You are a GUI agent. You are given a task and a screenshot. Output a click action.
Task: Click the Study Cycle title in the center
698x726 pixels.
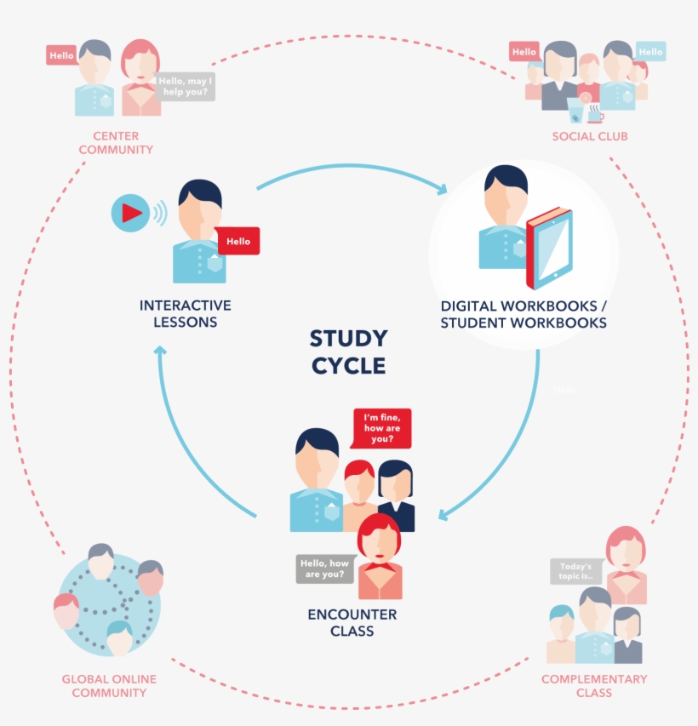pyautogui.click(x=347, y=352)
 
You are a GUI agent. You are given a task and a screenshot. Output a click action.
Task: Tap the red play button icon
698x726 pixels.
pyautogui.click(x=130, y=213)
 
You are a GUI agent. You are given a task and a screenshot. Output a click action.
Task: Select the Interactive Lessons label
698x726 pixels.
pyautogui.click(x=186, y=313)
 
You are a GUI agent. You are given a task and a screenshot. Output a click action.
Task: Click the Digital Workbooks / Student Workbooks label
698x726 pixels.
pyautogui.click(x=523, y=314)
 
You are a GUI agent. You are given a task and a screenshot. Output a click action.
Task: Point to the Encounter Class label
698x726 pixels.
pyautogui.click(x=352, y=622)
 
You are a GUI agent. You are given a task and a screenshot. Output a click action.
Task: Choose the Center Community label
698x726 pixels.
pyautogui.click(x=116, y=143)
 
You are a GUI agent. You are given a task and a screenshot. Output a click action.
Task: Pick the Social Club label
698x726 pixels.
pyautogui.click(x=590, y=136)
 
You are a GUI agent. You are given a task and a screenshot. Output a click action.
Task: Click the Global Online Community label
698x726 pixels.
pyautogui.click(x=109, y=686)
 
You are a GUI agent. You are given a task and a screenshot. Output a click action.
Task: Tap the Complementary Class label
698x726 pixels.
pyautogui.click(x=594, y=686)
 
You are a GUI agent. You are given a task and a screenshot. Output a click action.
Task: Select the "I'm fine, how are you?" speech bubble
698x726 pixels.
pyautogui.click(x=382, y=428)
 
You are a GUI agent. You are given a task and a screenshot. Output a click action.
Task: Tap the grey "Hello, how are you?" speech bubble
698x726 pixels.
pyautogui.click(x=324, y=569)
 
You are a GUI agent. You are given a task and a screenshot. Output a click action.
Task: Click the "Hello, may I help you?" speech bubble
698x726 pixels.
pyautogui.click(x=185, y=86)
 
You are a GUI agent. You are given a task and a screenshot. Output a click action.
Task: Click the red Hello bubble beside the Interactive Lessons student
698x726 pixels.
pyautogui.click(x=238, y=242)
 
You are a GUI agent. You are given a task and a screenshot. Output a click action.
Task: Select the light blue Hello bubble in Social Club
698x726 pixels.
pyautogui.click(x=650, y=52)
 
